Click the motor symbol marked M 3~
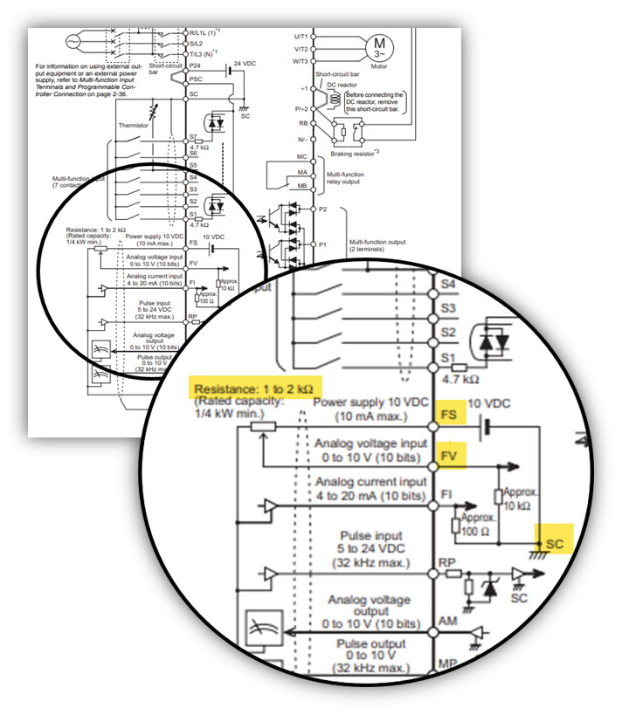(379, 45)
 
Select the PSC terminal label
(197, 79)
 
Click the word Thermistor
(134, 125)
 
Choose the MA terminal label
(302, 174)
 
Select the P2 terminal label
(322, 210)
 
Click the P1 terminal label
(322, 244)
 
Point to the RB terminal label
(301, 124)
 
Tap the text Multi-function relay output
(345, 178)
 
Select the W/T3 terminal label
(300, 61)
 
